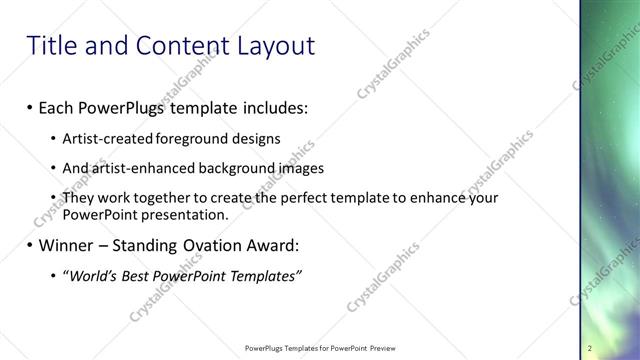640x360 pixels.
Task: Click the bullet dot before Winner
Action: click(30, 245)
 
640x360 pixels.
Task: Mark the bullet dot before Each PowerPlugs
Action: click(30, 107)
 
